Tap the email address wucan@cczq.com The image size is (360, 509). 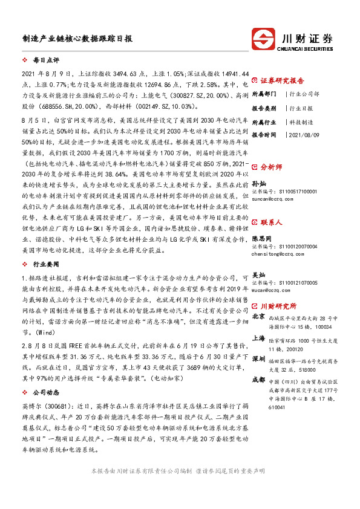click(x=273, y=290)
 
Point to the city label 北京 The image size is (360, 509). click(x=258, y=316)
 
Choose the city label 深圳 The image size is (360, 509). click(x=258, y=358)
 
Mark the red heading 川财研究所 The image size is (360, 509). click(x=279, y=306)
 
